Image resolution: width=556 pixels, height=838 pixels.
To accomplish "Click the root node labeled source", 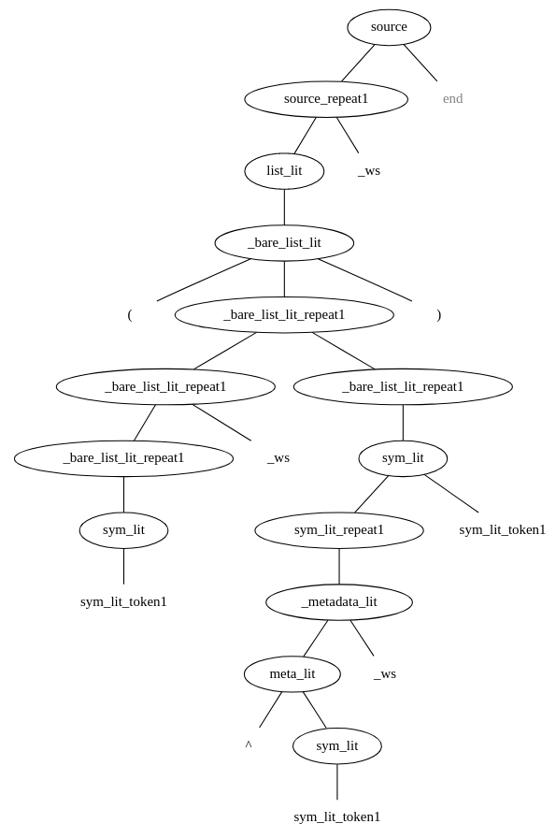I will pyautogui.click(x=389, y=27).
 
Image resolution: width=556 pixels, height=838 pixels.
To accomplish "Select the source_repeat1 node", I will pyautogui.click(x=326, y=99).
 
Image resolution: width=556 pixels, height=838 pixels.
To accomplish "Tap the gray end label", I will pyautogui.click(x=452, y=99).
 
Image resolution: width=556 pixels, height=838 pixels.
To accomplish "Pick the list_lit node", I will pyautogui.click(x=284, y=171).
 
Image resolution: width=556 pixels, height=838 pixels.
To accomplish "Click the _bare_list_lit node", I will pyautogui.click(x=284, y=243).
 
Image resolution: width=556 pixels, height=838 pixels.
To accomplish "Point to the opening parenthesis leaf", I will pyautogui.click(x=130, y=315).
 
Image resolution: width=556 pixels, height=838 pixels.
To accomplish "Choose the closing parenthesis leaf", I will pyautogui.click(x=438, y=315).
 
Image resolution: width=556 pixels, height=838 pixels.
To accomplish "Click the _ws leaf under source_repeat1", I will pyautogui.click(x=369, y=171).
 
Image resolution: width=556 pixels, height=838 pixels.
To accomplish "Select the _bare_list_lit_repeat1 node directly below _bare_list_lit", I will pyautogui.click(x=284, y=315).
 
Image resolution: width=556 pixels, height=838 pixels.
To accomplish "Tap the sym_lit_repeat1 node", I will pyautogui.click(x=339, y=530).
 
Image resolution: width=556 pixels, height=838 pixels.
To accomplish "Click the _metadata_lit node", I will pyautogui.click(x=339, y=602).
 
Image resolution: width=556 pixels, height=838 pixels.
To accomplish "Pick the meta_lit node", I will pyautogui.click(x=292, y=674).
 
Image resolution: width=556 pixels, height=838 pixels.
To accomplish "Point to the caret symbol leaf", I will pyautogui.click(x=249, y=745).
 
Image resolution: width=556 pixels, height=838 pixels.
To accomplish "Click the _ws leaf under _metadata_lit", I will pyautogui.click(x=385, y=674).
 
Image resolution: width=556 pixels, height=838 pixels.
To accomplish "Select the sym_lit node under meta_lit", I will pyautogui.click(x=337, y=746).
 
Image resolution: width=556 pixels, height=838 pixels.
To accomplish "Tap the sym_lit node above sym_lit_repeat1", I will pyautogui.click(x=403, y=458).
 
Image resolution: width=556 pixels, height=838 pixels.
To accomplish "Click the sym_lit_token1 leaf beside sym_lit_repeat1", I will pyautogui.click(x=502, y=530).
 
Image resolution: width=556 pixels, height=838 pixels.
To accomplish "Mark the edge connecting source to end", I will pyautogui.click(x=421, y=63).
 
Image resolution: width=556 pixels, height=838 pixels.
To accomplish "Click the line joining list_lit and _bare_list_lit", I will pyautogui.click(x=284, y=207).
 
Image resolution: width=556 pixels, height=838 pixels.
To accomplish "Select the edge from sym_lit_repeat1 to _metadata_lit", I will pyautogui.click(x=339, y=567).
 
